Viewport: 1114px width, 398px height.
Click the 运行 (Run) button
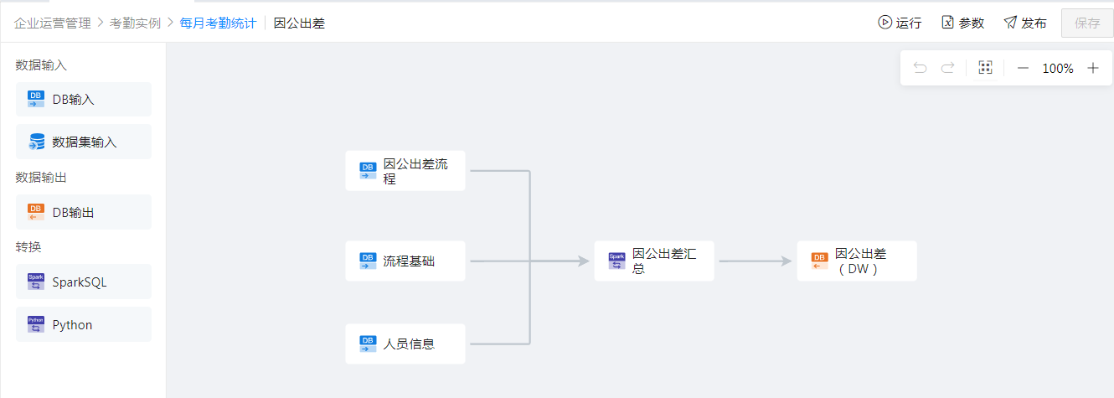pyautogui.click(x=900, y=23)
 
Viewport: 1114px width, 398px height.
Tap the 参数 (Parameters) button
pyautogui.click(x=962, y=23)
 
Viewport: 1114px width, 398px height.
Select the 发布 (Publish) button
pyautogui.click(x=1025, y=23)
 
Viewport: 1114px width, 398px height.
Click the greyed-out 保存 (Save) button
pyautogui.click(x=1087, y=23)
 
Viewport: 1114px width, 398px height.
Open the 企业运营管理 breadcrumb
pyautogui.click(x=52, y=23)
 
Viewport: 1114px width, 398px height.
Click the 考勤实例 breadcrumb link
pyautogui.click(x=135, y=23)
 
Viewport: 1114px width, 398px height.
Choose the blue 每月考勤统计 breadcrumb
pyautogui.click(x=218, y=23)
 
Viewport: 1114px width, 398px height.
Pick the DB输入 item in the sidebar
pyautogui.click(x=84, y=100)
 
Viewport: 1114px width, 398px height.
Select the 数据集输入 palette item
pyautogui.click(x=84, y=142)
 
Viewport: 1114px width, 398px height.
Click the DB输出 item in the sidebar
pyautogui.click(x=84, y=213)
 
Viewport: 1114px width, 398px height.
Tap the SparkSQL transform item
pyautogui.click(x=84, y=282)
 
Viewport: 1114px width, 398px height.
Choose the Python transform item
pyautogui.click(x=84, y=325)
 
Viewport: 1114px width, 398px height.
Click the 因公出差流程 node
pyautogui.click(x=405, y=171)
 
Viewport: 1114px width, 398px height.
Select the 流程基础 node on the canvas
pyautogui.click(x=405, y=261)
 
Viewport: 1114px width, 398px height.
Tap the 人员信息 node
pyautogui.click(x=405, y=344)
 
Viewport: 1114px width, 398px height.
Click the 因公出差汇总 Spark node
pyautogui.click(x=654, y=261)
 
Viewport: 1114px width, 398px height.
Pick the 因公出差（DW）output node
pyautogui.click(x=857, y=261)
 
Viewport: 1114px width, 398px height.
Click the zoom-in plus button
pyautogui.click(x=1093, y=69)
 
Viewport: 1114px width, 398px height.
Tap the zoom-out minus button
pyautogui.click(x=1023, y=69)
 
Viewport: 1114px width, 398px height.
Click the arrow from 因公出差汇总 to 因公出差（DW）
pyautogui.click(x=755, y=261)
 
